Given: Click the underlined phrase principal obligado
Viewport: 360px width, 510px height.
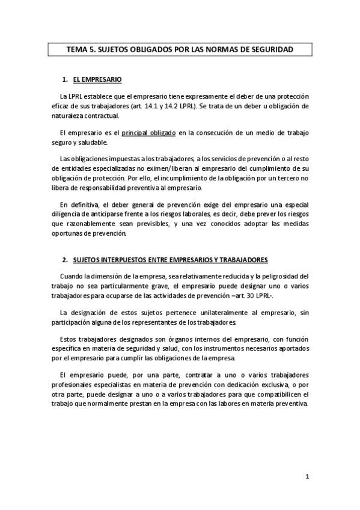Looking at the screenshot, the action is click(148, 132).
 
